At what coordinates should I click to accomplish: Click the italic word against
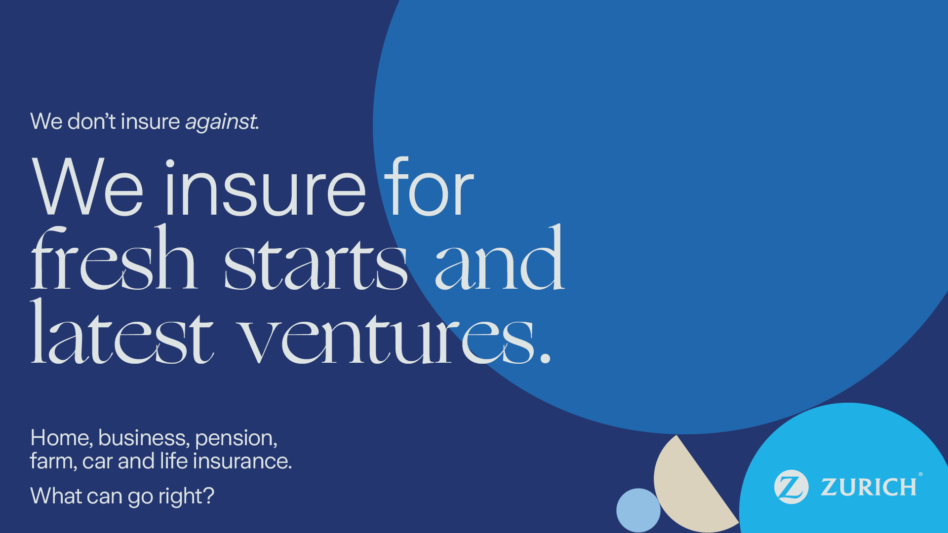[222, 122]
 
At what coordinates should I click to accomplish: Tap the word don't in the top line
[91, 121]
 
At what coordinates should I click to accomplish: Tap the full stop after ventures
[545, 358]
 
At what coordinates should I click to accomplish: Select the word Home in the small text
[61, 437]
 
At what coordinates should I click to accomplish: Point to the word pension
[236, 439]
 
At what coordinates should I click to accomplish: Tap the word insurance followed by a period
[242, 460]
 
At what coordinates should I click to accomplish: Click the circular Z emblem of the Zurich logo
[791, 487]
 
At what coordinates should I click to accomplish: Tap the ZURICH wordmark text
[869, 487]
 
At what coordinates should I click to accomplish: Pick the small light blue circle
[638, 510]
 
